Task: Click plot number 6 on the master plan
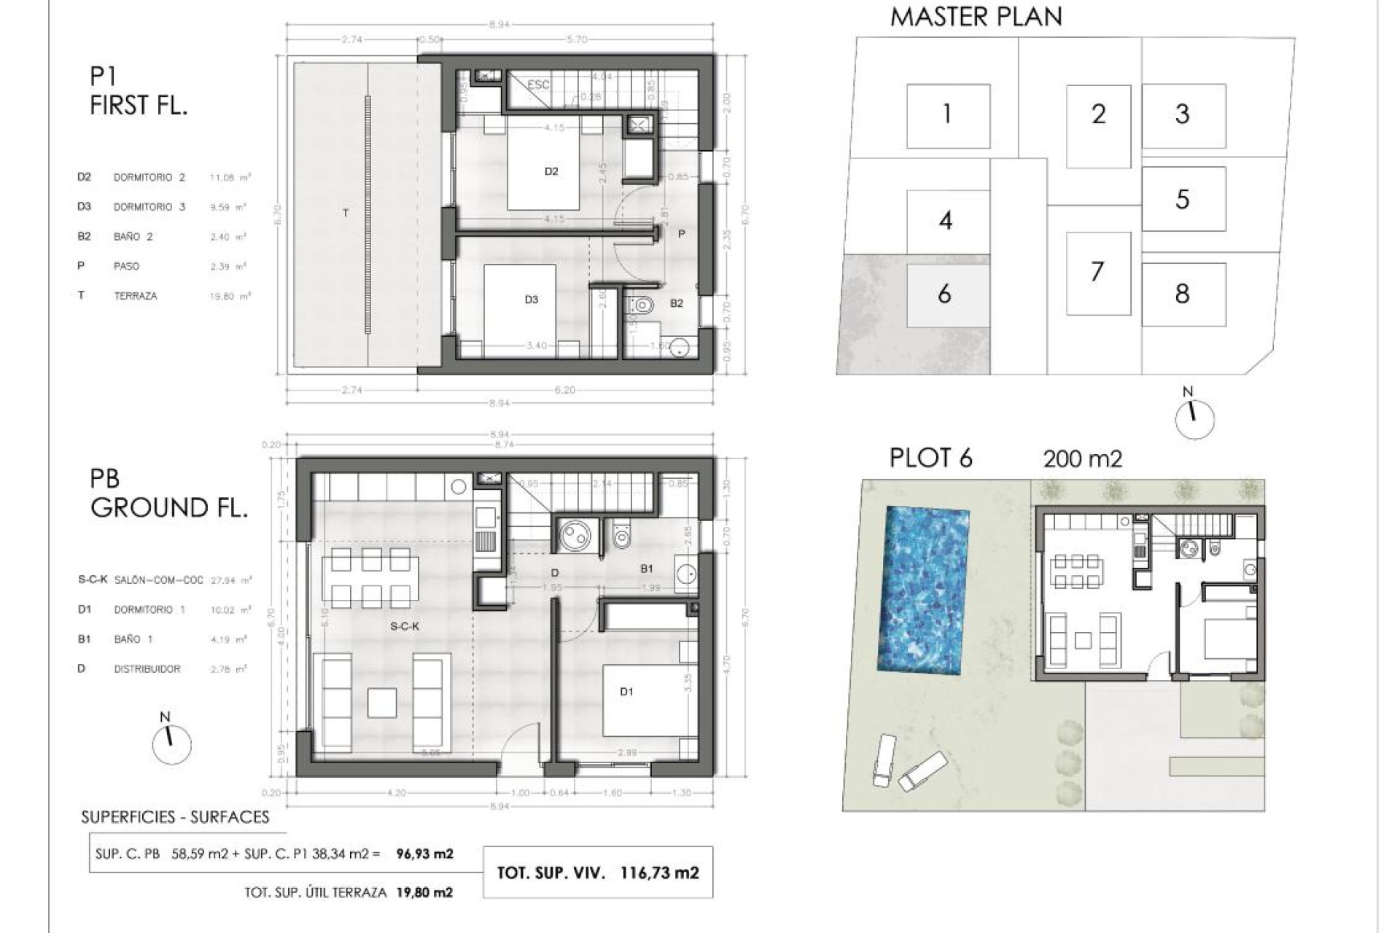pos(944,294)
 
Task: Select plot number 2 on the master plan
pos(1098,114)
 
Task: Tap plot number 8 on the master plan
pos(1182,294)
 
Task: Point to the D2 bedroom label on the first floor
pos(551,171)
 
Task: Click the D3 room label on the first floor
pos(532,300)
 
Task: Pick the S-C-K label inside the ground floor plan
pos(405,626)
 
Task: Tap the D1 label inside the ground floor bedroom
pos(626,692)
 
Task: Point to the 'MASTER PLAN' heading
pos(976,17)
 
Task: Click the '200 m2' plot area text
pos(1082,459)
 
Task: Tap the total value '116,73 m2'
pos(659,873)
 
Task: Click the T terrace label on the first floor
pos(346,213)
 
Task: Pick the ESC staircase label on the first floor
pos(538,85)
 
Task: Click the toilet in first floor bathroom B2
pos(642,304)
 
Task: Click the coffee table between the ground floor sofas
pos(382,703)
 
